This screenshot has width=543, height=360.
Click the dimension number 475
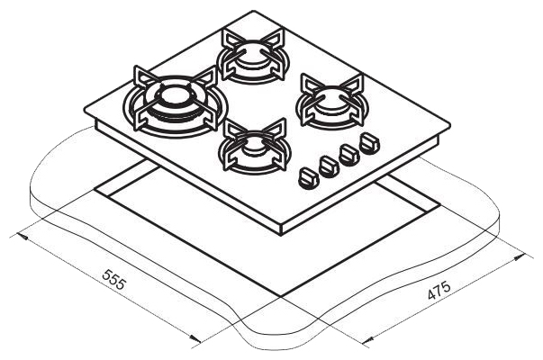point(439,290)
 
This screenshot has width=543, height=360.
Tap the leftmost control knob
point(307,178)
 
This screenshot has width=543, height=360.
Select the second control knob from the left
point(329,166)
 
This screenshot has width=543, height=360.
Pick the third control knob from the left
point(349,155)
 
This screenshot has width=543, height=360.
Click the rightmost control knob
point(369,143)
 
